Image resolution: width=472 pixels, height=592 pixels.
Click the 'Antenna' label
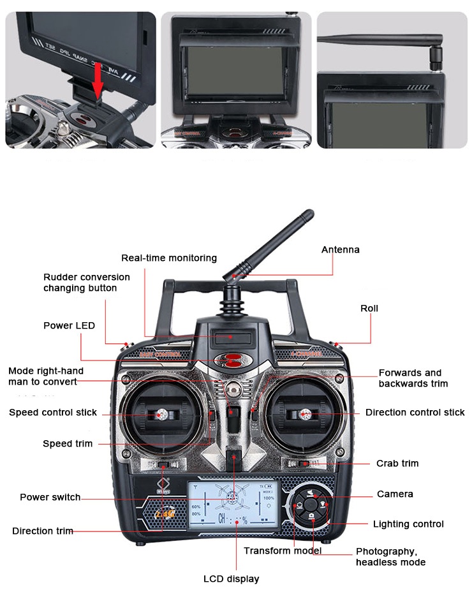tap(340, 249)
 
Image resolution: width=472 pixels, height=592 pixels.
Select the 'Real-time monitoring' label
tap(169, 258)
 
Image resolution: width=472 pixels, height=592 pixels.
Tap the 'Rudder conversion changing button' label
tap(86, 283)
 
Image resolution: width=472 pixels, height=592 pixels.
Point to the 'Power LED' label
tap(69, 325)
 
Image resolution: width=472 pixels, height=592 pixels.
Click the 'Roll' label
tap(369, 308)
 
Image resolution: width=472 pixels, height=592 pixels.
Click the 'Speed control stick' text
tap(53, 412)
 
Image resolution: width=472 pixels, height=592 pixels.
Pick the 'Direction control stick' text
tap(415, 412)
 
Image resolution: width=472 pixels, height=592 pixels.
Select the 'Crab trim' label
tap(397, 463)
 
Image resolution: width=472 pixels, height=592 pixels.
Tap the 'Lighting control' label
tap(408, 524)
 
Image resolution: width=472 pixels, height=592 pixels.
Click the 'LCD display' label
tap(231, 579)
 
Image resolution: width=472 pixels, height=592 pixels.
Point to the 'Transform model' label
tap(283, 551)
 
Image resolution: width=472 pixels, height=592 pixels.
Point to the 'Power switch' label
tap(50, 497)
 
